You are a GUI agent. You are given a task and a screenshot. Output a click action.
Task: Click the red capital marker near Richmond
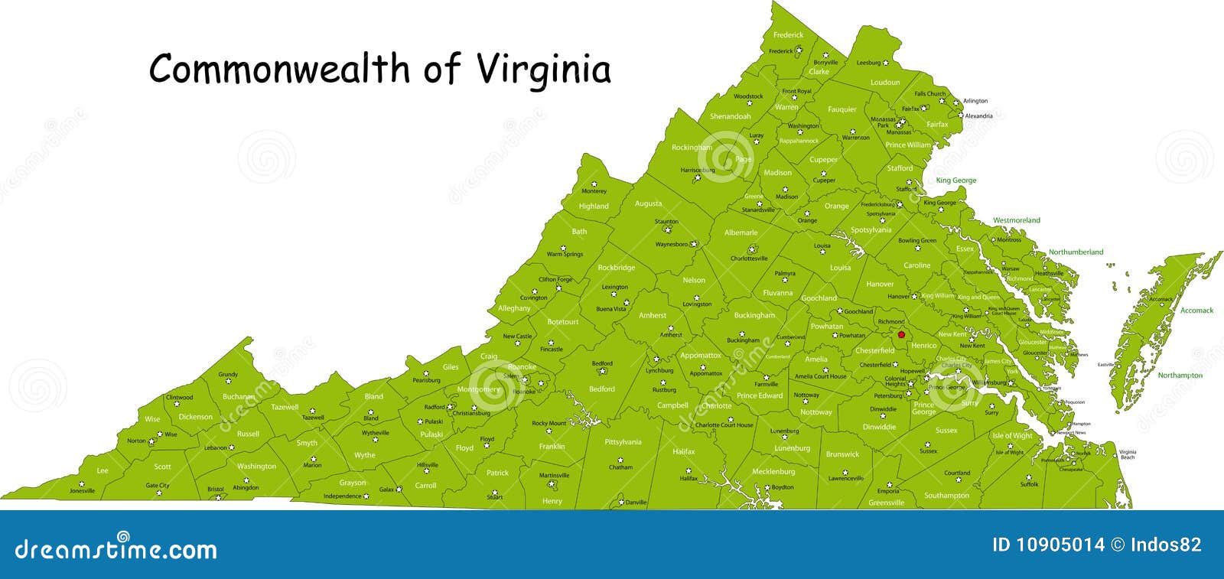902,334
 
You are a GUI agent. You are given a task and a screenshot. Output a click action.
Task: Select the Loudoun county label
885,82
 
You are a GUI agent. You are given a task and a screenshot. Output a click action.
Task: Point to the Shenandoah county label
730,116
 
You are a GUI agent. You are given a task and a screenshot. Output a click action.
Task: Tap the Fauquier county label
841,109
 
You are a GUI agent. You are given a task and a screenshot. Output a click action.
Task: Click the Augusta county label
648,203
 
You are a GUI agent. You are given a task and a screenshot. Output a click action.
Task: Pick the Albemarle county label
741,233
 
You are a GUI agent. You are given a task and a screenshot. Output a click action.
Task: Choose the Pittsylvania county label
623,442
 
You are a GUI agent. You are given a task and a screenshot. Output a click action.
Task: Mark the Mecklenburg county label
773,472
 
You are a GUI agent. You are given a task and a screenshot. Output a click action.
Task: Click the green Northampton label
1180,376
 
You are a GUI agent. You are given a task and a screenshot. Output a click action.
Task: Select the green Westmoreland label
1016,220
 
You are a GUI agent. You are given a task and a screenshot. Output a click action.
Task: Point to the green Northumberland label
1076,252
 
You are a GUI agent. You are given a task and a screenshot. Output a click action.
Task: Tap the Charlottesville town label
749,259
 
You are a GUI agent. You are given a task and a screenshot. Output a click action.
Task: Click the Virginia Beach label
1128,454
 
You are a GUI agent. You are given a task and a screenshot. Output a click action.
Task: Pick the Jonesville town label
82,491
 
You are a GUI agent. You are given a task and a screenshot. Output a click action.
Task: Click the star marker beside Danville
620,503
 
